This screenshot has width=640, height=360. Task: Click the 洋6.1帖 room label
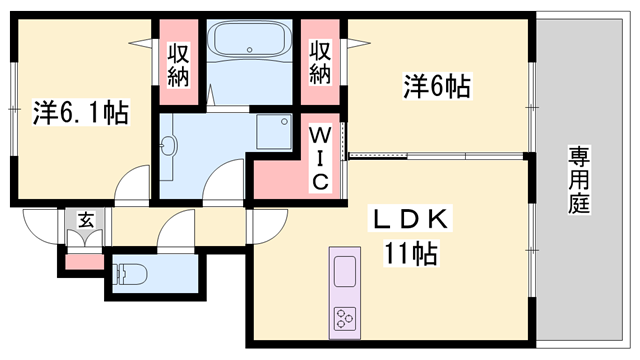coord(79,113)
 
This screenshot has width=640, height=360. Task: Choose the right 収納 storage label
coord(319,62)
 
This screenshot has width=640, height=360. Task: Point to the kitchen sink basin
coord(343,269)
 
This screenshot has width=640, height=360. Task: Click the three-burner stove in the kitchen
coord(344,319)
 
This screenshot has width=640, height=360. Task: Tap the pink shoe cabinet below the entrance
coord(84,262)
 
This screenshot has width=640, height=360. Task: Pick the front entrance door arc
coord(40,225)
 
